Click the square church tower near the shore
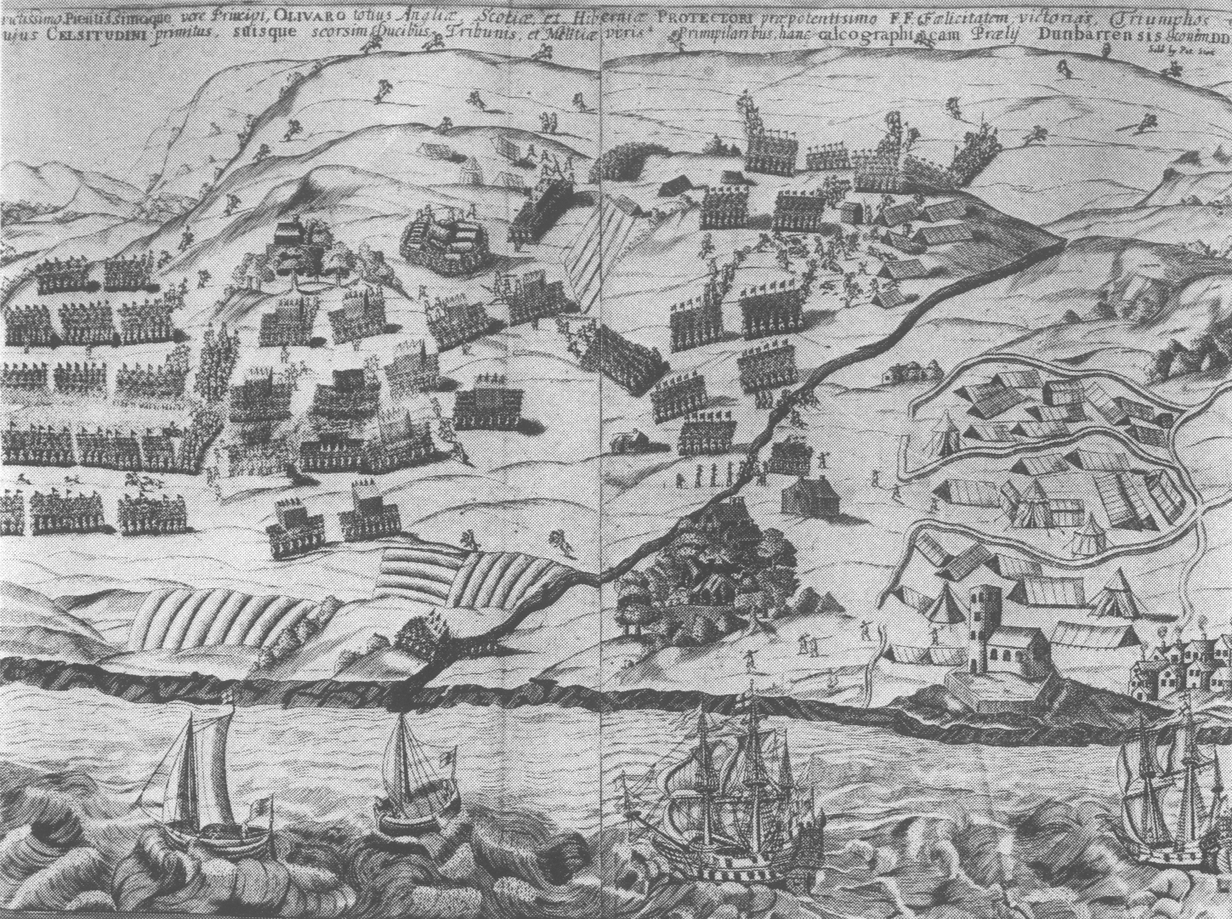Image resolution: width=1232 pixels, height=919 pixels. coord(984,627)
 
